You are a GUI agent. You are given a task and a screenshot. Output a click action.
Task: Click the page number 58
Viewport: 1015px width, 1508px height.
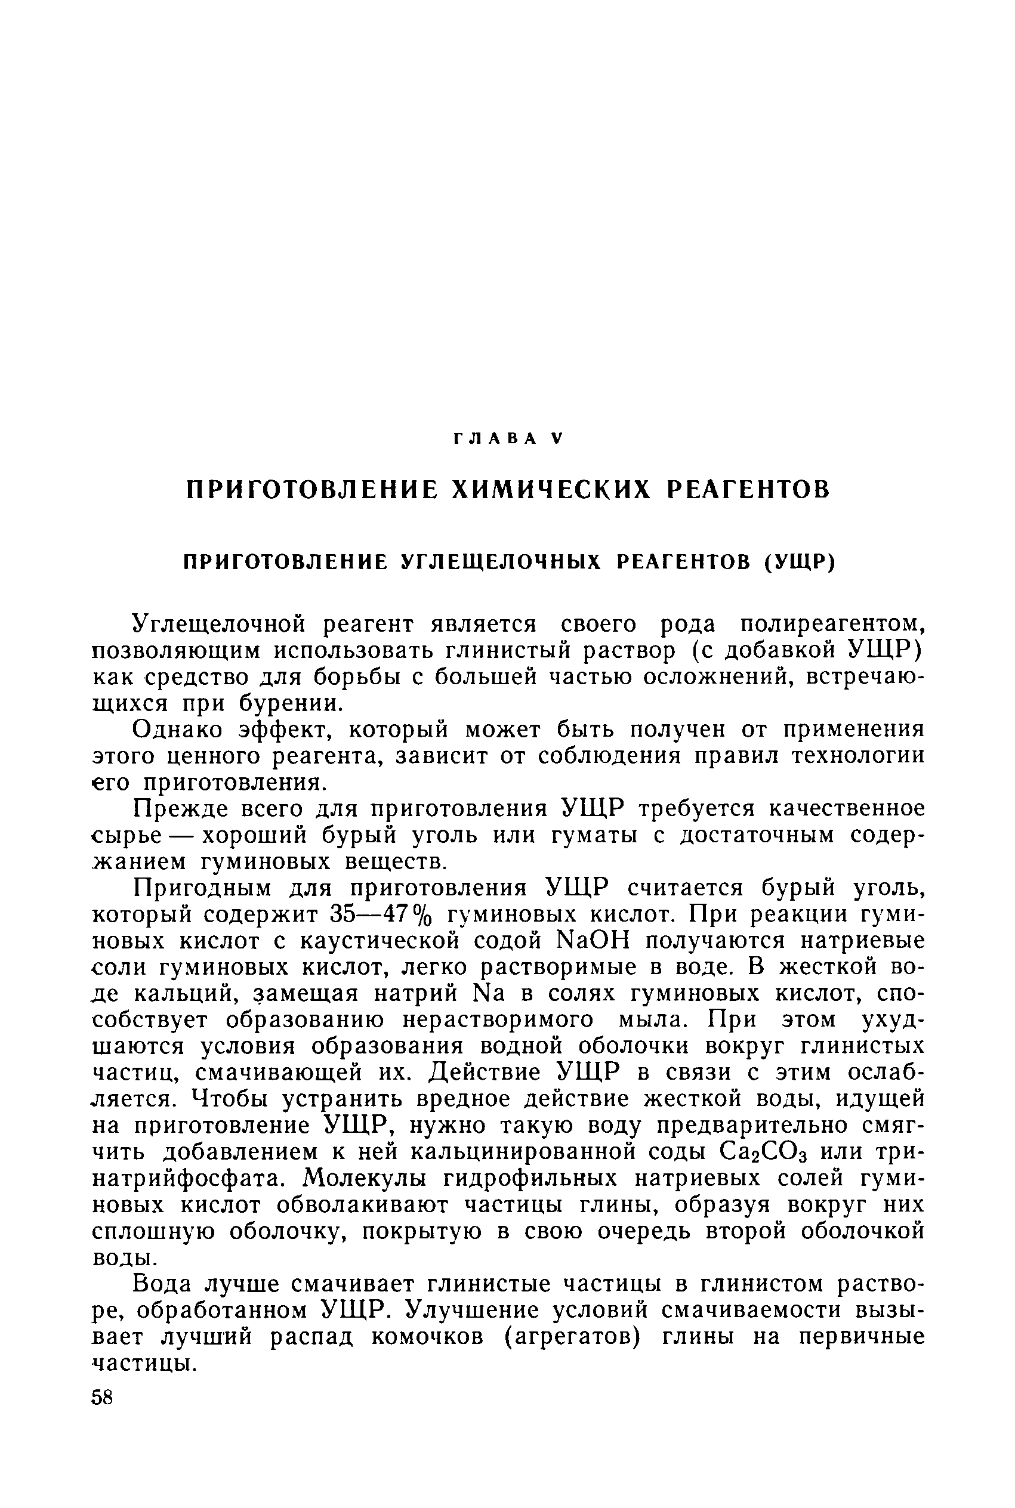[102, 1398]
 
